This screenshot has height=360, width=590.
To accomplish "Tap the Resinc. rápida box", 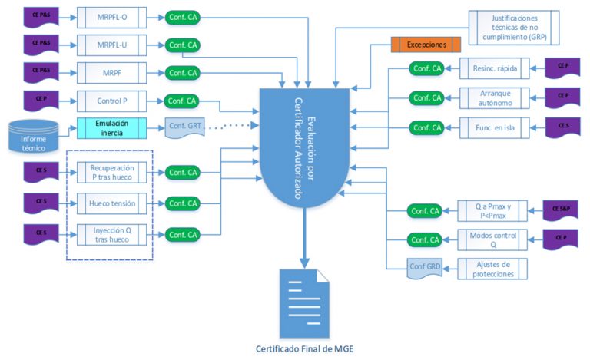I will pos(493,69).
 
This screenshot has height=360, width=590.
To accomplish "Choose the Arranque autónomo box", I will pos(493,97).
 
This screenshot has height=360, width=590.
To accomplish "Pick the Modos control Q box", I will pos(493,239).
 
